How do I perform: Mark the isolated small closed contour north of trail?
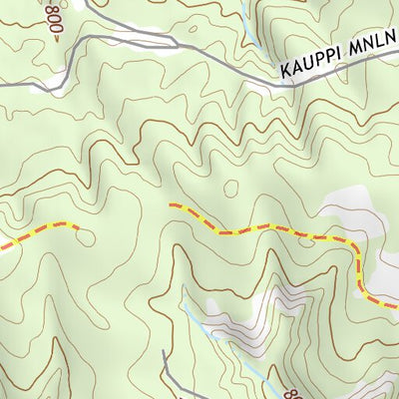click(231, 187)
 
